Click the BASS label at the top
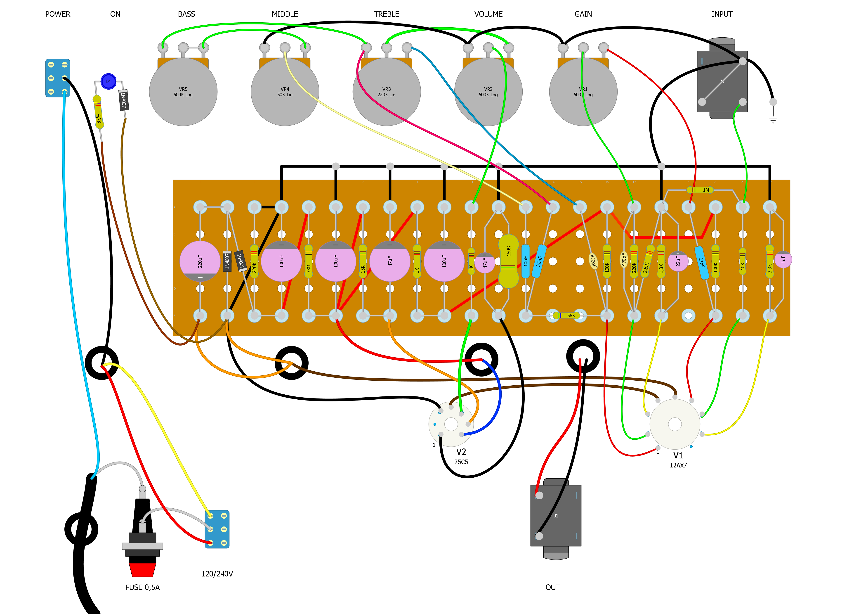186,14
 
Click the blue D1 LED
109,81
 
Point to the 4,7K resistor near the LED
98,112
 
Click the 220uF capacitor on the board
200,261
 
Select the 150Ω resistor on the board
508,261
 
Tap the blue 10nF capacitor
526,261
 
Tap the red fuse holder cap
142,569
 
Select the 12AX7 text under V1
678,465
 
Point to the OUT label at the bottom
552,587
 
